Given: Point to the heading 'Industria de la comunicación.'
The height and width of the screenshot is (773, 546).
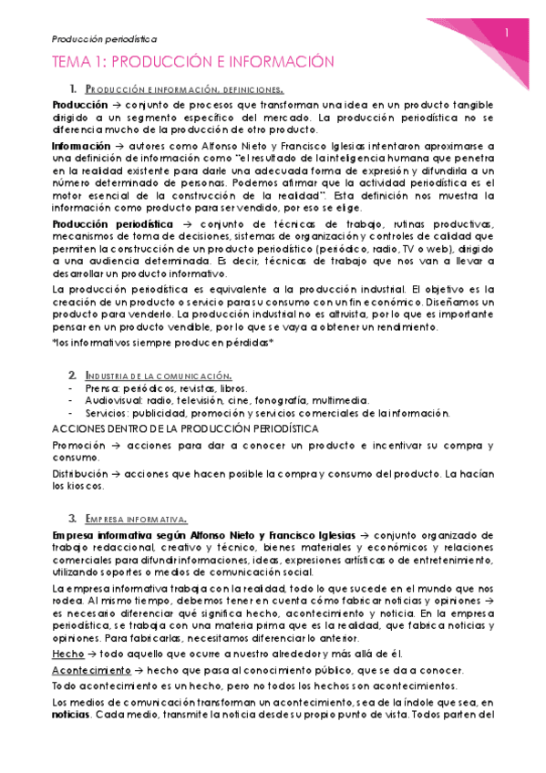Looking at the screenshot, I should click(158, 376).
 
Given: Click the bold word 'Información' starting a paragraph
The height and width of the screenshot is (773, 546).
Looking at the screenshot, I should click(79, 145).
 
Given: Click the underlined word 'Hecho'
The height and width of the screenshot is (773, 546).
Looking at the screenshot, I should click(68, 654).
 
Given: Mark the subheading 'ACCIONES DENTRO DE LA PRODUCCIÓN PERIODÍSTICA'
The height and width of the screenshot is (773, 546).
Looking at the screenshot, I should click(185, 428).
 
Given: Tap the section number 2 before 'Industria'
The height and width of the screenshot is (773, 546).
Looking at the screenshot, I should click(72, 376).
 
